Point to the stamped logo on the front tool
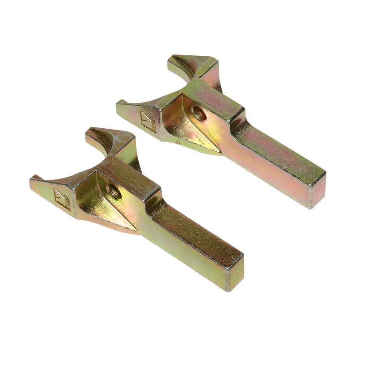(x=62, y=197)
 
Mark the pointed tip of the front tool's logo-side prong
(x=33, y=178)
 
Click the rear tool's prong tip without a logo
(x=172, y=59)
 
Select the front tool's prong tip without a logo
(x=88, y=132)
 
